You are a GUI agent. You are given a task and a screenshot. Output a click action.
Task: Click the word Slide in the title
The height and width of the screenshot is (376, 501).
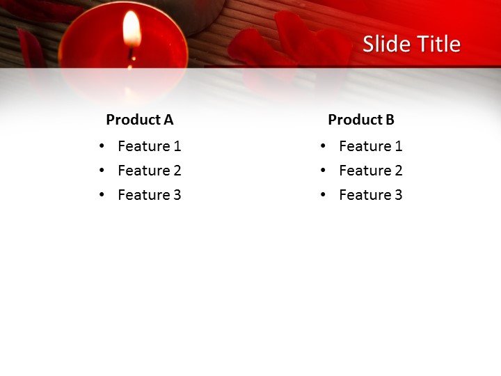[387, 45]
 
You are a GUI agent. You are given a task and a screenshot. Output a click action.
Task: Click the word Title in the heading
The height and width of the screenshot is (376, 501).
[438, 45]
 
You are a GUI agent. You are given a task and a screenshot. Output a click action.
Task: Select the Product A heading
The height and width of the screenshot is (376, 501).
[139, 120]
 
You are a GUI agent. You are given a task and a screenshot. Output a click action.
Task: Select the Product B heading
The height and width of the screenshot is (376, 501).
[360, 120]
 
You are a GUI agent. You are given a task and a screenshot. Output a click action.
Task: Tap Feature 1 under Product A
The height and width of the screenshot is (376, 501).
[149, 146]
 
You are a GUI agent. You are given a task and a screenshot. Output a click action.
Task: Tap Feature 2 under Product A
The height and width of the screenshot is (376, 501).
[149, 171]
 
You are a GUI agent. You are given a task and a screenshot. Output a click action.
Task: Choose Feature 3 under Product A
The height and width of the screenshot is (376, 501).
[149, 195]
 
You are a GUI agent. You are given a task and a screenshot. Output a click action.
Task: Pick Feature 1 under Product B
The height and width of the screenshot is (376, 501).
[370, 146]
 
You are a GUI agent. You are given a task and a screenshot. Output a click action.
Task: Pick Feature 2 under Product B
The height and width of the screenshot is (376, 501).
[370, 171]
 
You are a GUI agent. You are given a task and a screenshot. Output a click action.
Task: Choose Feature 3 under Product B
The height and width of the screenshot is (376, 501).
[370, 195]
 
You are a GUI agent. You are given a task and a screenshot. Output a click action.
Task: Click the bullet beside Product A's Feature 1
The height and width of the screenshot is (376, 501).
[102, 146]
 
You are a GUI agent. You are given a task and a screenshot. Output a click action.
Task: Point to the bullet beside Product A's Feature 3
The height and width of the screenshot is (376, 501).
[102, 195]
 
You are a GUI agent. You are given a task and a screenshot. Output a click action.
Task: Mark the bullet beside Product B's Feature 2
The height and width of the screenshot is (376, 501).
[323, 171]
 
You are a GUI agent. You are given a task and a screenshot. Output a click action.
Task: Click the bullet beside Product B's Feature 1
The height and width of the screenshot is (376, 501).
[323, 146]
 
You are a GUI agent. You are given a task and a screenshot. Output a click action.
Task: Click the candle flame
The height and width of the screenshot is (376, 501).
[132, 29]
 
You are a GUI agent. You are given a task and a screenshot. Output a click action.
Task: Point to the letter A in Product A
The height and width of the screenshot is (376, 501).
[168, 120]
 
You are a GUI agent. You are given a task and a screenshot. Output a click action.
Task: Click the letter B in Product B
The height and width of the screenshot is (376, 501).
[390, 120]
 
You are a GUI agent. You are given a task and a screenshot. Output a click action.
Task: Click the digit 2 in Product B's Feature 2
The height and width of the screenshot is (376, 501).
[398, 171]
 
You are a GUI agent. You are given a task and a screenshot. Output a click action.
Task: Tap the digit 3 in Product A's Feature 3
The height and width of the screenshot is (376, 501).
[177, 195]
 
